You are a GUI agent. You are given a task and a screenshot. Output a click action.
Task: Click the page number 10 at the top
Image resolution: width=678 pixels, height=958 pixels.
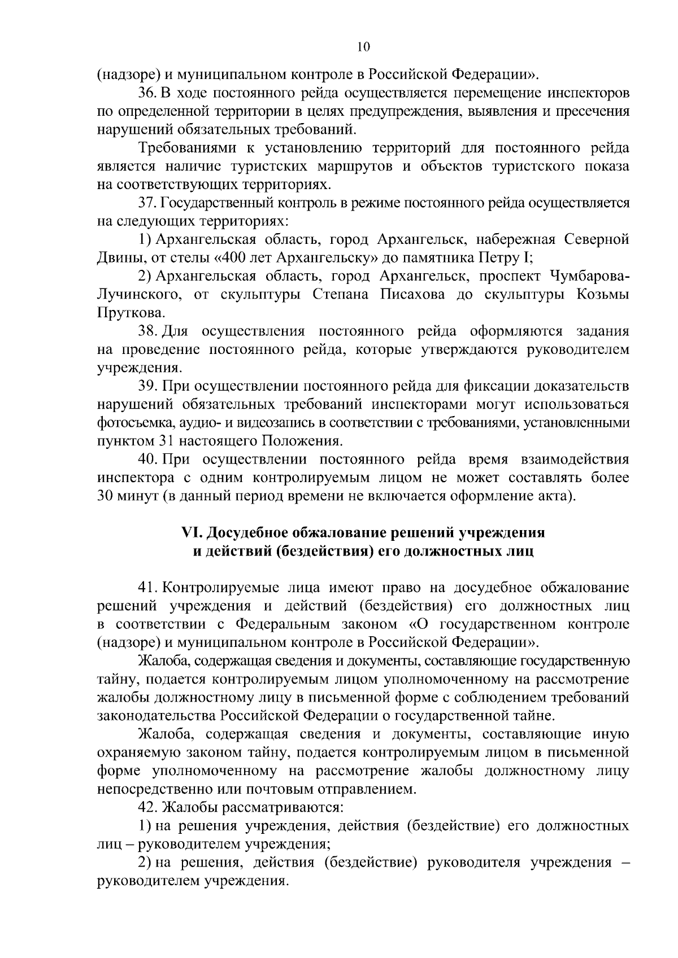point(363,47)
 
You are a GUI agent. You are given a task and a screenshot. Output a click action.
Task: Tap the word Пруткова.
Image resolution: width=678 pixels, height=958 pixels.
point(130,313)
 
